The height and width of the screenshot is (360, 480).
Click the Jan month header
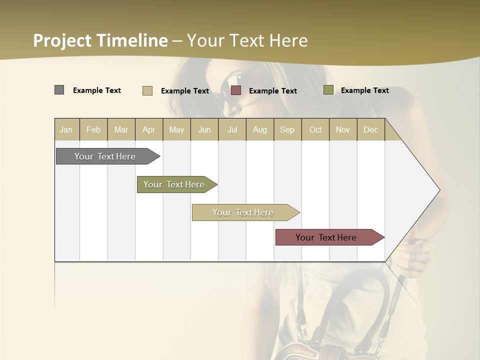pos(66,129)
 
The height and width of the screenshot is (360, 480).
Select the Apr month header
pos(149,129)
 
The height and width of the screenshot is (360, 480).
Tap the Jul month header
pos(232,129)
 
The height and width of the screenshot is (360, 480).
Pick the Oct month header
pos(315,129)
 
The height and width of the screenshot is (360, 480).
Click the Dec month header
pos(370,129)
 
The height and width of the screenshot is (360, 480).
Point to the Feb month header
pos(93,129)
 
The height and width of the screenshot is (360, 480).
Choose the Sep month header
pos(287,129)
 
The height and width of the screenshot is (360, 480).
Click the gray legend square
pos(59,90)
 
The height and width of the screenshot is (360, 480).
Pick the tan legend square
pos(147,90)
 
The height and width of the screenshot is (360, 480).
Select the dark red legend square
pos(236,90)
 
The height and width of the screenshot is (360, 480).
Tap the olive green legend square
pos(328,90)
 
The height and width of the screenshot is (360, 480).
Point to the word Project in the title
pos(62,40)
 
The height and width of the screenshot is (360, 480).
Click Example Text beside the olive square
pos(364,90)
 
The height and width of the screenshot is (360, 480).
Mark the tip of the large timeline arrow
pos(439,190)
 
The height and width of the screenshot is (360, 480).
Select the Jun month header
pos(204,129)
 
